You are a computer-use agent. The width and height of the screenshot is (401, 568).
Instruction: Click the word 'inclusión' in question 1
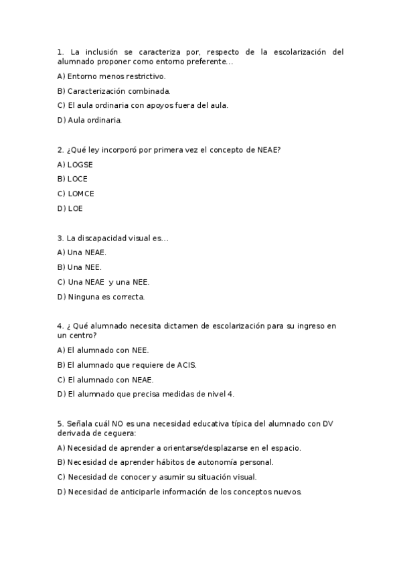point(103,52)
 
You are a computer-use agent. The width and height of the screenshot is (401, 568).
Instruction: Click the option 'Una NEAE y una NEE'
point(104,282)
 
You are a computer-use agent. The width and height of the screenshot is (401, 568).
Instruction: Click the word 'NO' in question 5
point(118,424)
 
